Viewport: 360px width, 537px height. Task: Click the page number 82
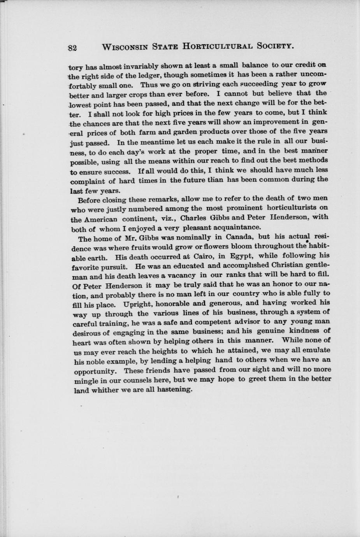click(x=72, y=47)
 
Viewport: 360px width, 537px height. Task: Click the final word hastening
click(x=174, y=389)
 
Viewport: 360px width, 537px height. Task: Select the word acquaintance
click(x=237, y=227)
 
